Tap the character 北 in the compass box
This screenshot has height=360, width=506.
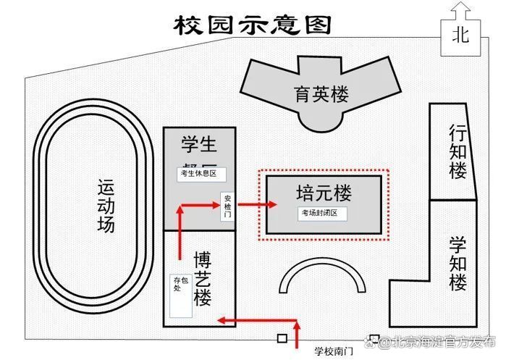[461, 34]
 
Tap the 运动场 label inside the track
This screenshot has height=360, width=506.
[106, 206]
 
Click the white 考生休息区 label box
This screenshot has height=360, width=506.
[202, 174]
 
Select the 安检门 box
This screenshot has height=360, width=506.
[228, 206]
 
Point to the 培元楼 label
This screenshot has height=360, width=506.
[323, 193]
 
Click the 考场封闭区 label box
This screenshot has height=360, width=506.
[323, 214]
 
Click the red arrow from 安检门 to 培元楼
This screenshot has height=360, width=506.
[257, 205]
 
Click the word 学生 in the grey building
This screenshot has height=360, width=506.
[198, 144]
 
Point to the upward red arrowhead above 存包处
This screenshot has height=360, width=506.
[180, 211]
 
